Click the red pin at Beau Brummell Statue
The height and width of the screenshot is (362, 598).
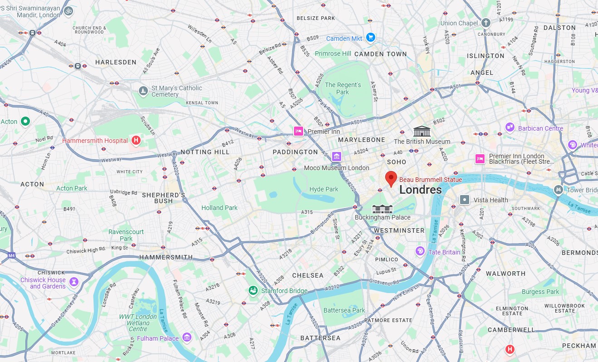click(x=391, y=179)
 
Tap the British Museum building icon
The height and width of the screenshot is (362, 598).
click(x=422, y=131)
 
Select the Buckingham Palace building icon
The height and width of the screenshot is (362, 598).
click(x=382, y=209)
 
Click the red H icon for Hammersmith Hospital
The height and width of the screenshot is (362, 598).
click(x=136, y=141)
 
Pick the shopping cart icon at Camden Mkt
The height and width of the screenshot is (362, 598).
click(x=371, y=38)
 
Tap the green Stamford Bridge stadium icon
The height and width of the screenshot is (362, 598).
click(x=253, y=290)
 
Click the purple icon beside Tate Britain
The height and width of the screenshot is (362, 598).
click(x=421, y=251)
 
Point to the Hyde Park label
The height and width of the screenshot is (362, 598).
click(x=324, y=189)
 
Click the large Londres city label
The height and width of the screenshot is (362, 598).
click(x=420, y=190)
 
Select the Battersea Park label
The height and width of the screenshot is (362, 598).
click(x=344, y=310)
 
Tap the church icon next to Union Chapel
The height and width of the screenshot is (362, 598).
click(x=486, y=23)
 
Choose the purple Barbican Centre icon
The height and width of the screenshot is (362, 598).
click(x=510, y=127)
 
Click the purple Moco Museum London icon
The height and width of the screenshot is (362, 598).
click(x=336, y=157)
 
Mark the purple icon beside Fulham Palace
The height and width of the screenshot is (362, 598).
click(x=186, y=338)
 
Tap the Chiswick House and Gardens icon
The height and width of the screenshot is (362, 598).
click(x=74, y=282)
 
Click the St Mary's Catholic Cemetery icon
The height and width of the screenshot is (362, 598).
click(x=143, y=91)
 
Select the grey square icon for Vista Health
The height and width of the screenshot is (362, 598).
click(x=465, y=200)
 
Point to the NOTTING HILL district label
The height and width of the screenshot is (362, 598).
click(x=205, y=152)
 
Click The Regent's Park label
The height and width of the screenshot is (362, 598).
click(x=343, y=88)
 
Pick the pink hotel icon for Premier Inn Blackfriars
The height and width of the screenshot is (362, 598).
click(x=480, y=159)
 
